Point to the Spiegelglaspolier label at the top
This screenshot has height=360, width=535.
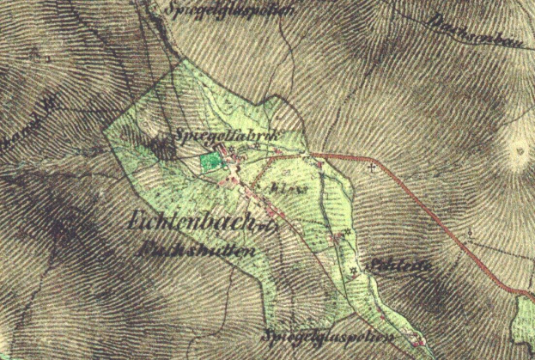tap(228, 10)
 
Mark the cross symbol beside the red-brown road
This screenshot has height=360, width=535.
tap(371, 168)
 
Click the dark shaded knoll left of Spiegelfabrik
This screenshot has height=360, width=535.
tap(159, 148)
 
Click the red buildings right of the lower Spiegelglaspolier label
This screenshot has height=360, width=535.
tap(418, 343)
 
